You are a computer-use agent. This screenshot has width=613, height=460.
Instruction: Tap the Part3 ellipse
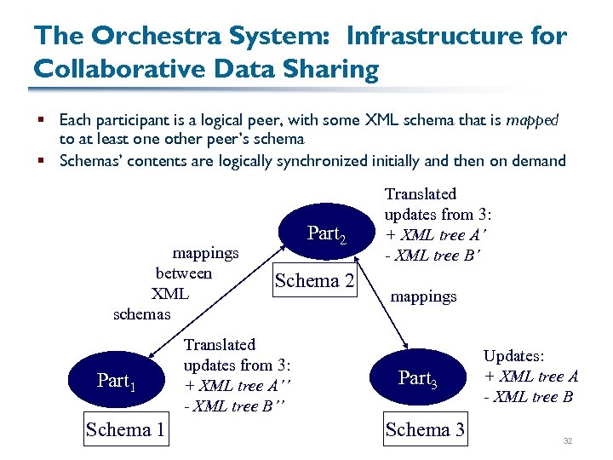tap(416, 378)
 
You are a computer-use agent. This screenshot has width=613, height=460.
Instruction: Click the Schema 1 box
tap(125, 429)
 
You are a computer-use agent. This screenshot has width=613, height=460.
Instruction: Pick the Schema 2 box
tap(314, 281)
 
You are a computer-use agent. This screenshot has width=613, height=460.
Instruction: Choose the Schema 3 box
tap(425, 429)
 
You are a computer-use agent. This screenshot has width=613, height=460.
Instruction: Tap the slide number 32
tap(567, 440)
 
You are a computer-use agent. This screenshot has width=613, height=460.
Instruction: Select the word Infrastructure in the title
tap(425, 37)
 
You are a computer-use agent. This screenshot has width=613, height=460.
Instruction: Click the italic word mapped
tap(532, 120)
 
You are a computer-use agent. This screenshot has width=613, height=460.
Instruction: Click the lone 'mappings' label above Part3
tap(423, 296)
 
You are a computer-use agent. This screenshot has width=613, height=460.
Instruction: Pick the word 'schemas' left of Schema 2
tap(142, 313)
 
